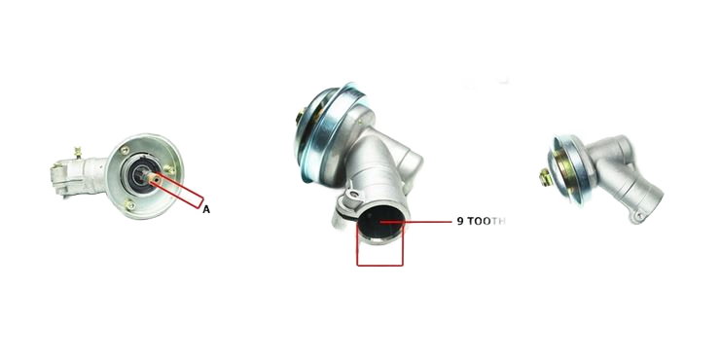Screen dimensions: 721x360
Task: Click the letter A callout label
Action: tap(206, 209)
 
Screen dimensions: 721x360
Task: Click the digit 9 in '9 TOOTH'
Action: tap(460, 221)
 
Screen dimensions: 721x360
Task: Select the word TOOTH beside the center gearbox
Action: tap(487, 221)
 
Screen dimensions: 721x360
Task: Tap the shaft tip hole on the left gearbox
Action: tap(157, 177)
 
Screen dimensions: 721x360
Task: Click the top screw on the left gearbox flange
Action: tap(125, 150)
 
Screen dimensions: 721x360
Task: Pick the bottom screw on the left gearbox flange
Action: tap(130, 205)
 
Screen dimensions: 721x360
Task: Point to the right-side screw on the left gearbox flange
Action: tap(169, 169)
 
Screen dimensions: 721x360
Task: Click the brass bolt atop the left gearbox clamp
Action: tap(78, 152)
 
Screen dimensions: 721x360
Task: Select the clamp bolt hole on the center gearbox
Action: tap(353, 196)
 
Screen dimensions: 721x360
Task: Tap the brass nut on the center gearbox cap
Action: tap(301, 116)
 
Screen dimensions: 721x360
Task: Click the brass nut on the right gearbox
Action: tap(545, 177)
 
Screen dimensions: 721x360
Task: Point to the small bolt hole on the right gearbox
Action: tap(638, 216)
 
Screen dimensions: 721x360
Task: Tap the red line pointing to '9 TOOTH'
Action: tap(416, 222)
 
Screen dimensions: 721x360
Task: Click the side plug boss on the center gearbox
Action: tap(411, 163)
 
